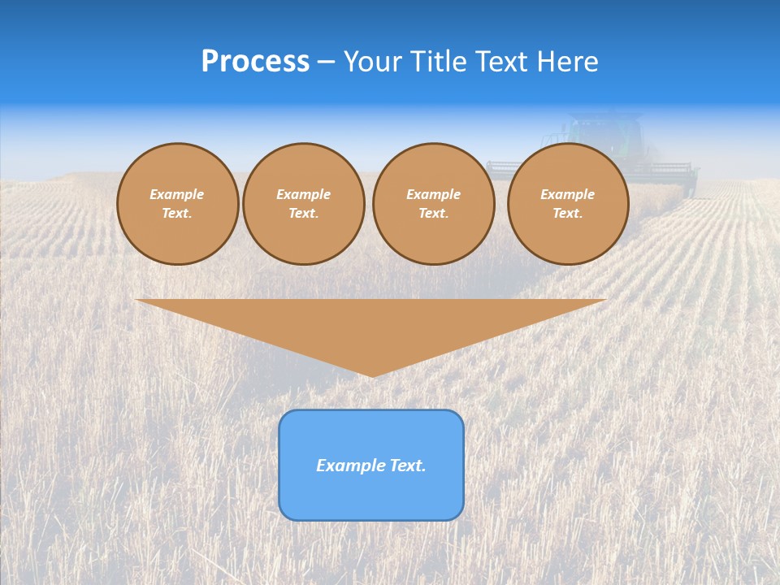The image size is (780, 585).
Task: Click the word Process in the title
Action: [x=255, y=62]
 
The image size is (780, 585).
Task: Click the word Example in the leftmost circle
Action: [x=177, y=194]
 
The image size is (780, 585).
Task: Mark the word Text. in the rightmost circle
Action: [x=568, y=213]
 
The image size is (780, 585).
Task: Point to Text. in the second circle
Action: [x=303, y=213]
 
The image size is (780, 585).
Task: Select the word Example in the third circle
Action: [x=433, y=194]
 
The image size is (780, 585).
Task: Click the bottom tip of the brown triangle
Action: [x=373, y=375]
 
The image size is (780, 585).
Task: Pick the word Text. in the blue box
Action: [x=407, y=466]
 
